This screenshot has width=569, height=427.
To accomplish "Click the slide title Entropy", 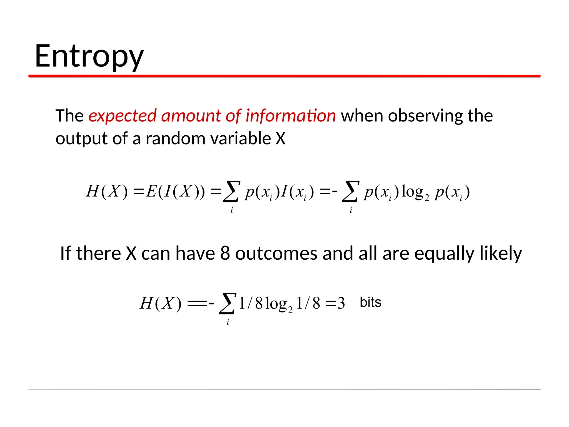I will click(89, 57).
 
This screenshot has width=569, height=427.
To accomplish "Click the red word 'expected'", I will click(122, 116).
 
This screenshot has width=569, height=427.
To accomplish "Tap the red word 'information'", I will click(291, 116).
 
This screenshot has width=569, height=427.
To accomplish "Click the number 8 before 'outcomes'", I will click(225, 253).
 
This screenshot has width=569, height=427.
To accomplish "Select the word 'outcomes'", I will click(276, 253).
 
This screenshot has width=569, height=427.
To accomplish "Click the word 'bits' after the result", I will click(370, 302).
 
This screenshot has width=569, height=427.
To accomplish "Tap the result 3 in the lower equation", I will click(341, 303).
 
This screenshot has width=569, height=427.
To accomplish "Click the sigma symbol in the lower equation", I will click(228, 304).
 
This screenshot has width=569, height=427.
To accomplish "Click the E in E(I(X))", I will click(152, 191).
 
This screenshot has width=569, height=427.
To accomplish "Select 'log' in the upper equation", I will click(413, 191).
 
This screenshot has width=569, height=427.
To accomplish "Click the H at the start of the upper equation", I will click(93, 191).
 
